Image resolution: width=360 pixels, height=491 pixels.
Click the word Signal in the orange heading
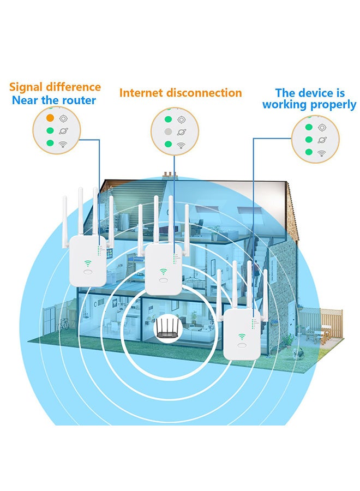click(26, 87)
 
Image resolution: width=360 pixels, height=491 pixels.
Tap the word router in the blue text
click(79, 100)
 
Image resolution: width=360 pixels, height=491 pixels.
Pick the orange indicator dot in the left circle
click(50, 117)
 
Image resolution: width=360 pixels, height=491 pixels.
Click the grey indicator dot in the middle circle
click(169, 131)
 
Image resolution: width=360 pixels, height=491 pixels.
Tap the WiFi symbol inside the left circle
click(64, 143)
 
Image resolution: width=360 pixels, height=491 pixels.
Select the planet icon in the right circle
click(322, 141)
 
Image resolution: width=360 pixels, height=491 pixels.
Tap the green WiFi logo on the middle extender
click(163, 271)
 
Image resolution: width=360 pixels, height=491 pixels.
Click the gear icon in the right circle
click(322, 128)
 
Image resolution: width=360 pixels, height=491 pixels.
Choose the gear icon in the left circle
click(64, 118)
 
